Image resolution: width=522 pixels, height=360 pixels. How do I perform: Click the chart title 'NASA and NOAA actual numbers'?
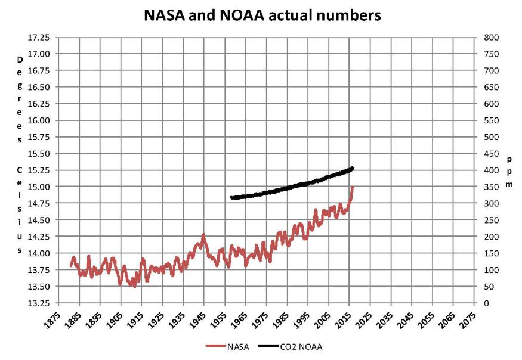click(262, 15)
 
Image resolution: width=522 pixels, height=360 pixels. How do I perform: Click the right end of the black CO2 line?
click(353, 168)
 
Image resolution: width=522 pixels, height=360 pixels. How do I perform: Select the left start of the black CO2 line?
click(231, 197)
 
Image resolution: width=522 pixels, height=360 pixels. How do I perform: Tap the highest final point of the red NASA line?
click(353, 187)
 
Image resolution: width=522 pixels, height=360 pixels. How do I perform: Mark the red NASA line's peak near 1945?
click(203, 235)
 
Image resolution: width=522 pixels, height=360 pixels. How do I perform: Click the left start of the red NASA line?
click(71, 266)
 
